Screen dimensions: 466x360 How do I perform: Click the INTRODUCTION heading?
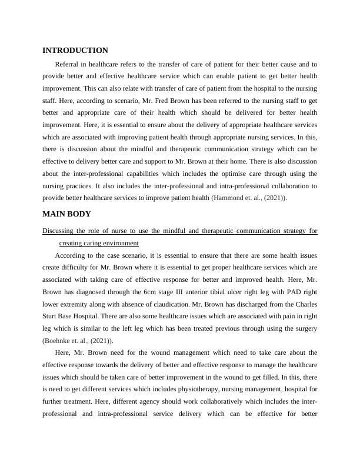(75, 51)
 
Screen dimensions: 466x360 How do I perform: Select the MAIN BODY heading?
(66, 214)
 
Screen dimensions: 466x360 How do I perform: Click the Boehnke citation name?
(59, 341)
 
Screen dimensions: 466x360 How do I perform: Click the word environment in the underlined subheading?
(136, 242)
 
